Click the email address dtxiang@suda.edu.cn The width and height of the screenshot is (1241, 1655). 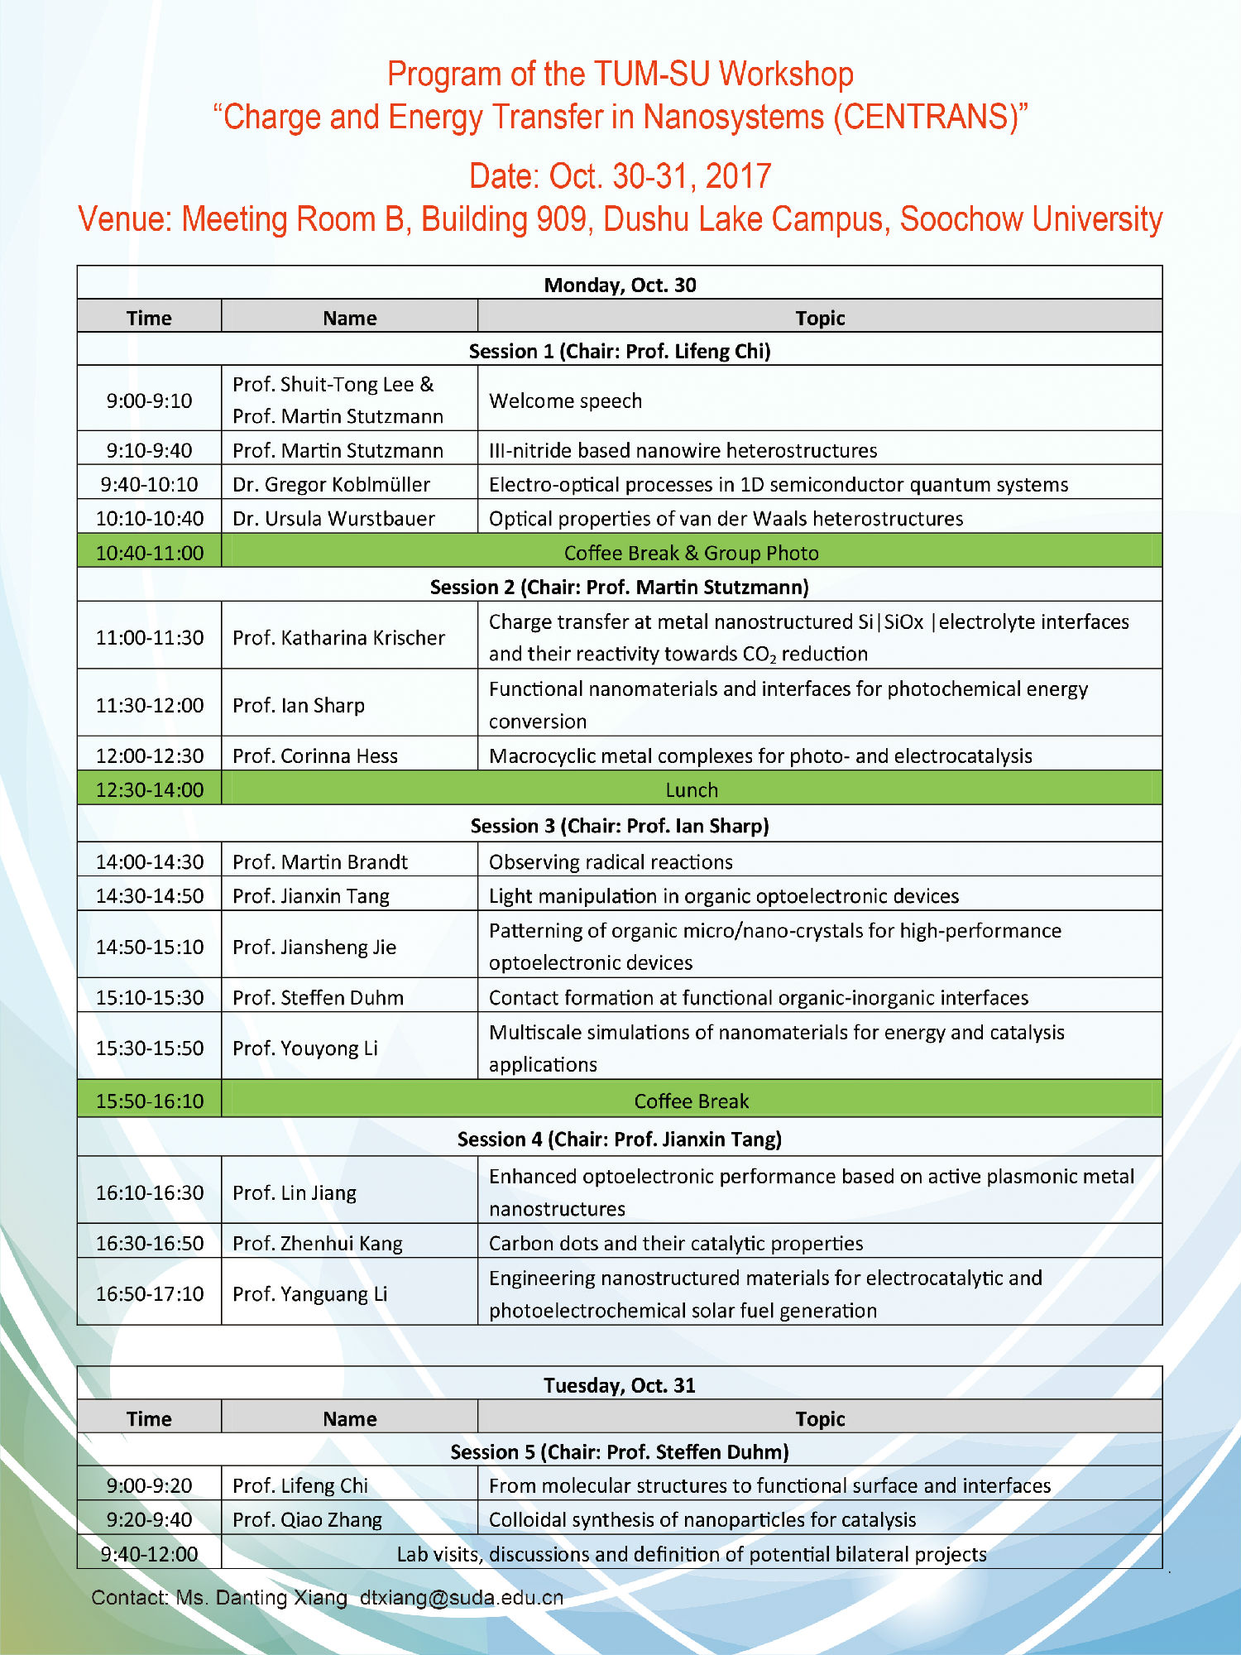click(461, 1597)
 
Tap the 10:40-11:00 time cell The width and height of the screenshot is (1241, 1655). click(150, 553)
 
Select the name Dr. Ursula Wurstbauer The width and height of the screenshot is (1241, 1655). click(333, 519)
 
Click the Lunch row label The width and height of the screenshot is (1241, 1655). click(692, 790)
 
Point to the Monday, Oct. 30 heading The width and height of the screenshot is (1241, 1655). click(620, 285)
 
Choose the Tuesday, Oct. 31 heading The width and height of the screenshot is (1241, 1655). click(620, 1385)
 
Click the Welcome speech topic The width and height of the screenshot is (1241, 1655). click(565, 401)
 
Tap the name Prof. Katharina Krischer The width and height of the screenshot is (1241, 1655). click(338, 638)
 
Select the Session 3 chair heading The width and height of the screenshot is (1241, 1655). click(620, 826)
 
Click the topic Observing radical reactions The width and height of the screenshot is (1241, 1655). click(611, 862)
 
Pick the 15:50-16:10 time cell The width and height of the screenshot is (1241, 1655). click(150, 1101)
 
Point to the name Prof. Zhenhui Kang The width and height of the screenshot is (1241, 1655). click(318, 1244)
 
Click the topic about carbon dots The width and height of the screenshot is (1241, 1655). click(676, 1244)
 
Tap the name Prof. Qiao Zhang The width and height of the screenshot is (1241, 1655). click(307, 1520)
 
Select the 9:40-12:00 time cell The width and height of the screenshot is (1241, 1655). click(150, 1554)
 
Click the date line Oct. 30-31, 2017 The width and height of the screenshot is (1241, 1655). click(620, 176)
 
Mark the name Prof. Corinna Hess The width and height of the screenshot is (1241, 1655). click(315, 756)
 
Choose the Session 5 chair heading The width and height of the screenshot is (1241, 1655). click(620, 1452)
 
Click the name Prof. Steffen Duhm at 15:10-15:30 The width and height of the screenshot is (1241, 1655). click(318, 998)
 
